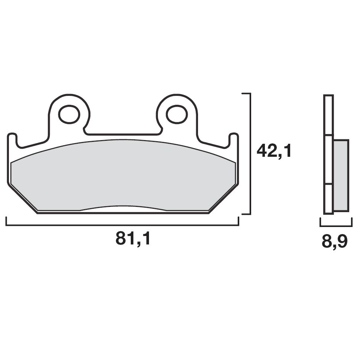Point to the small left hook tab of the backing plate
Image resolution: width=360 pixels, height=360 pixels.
12,139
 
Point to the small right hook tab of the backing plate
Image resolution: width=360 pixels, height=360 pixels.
234,139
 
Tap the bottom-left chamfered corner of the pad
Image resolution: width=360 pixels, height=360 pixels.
22,199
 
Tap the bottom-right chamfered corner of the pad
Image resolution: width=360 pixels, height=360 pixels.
223,199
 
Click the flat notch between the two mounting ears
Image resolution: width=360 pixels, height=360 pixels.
123,134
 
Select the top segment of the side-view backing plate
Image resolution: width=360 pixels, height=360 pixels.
328,115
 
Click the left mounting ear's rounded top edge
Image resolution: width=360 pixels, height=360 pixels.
69,95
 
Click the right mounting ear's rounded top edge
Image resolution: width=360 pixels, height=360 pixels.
176,95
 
